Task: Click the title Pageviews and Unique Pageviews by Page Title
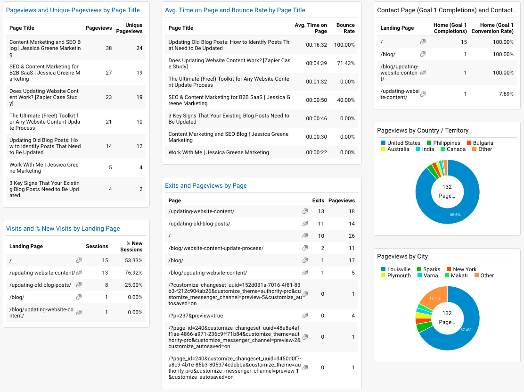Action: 73,10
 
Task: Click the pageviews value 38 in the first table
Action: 108,48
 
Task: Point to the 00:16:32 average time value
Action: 316,45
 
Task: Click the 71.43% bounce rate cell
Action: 345,63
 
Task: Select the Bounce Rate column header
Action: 345,28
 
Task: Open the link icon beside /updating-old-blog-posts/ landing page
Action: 79,285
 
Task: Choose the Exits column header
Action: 318,200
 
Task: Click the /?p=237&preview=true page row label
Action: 196,316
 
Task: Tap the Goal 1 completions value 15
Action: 464,42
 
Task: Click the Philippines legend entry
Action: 446,143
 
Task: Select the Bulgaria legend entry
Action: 483,143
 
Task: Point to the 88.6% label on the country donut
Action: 455,215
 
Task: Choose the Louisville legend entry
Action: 399,269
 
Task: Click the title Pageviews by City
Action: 402,256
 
